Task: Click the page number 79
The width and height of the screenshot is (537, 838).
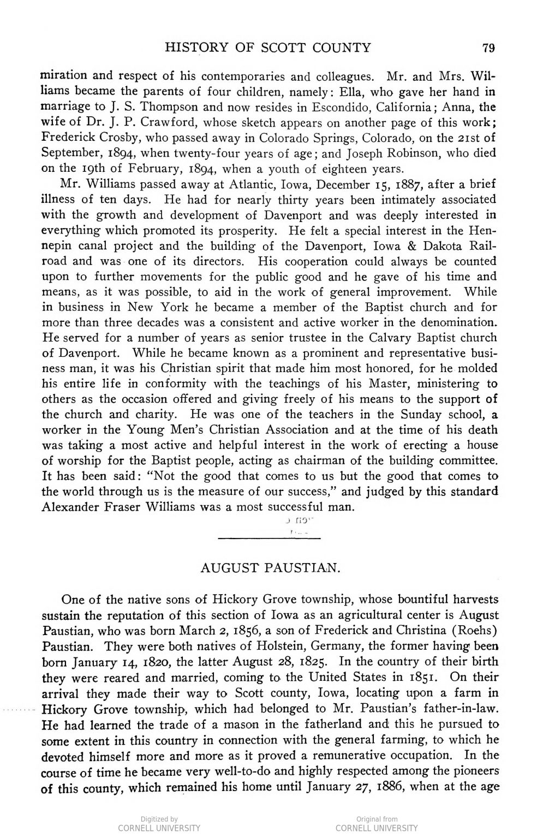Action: tap(488, 48)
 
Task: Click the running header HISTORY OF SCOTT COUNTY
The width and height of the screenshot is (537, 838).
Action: tap(267, 48)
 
